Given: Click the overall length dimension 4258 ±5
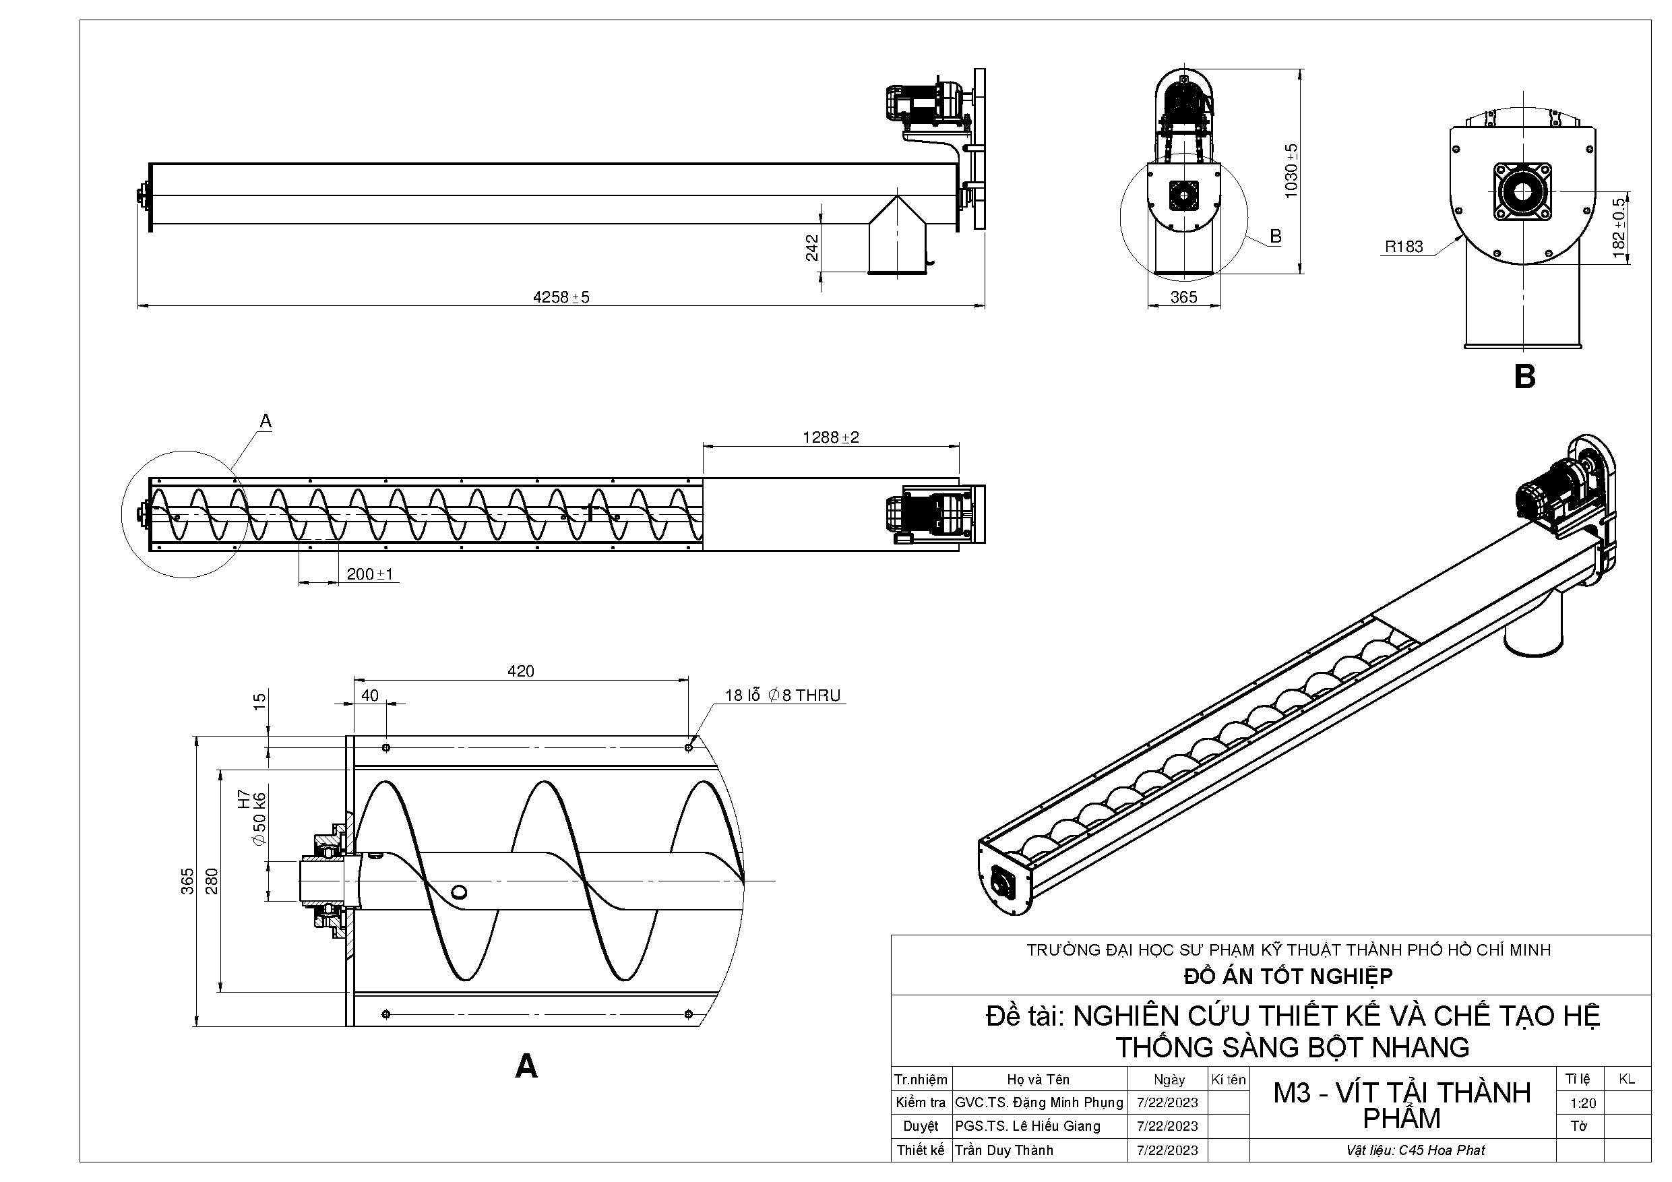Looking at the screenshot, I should tap(561, 297).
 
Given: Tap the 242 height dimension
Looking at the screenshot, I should tap(812, 247).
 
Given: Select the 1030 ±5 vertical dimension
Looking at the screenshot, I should tap(1291, 170).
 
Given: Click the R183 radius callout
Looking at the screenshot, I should tap(1403, 247).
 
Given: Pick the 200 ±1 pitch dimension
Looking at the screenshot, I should tap(369, 574).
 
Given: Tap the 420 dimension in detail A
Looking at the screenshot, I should tap(521, 671).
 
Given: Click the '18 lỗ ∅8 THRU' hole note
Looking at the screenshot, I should tap(782, 695).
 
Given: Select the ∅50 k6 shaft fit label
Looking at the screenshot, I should tap(259, 818).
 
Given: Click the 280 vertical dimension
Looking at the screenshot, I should tap(211, 881).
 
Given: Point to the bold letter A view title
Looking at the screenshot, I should tap(526, 1066).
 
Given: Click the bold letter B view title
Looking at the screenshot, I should tap(1524, 377).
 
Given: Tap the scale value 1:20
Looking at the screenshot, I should tap(1582, 1103).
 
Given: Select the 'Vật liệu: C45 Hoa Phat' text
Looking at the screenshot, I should tap(1415, 1151).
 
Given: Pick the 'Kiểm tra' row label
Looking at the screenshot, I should tap(921, 1102).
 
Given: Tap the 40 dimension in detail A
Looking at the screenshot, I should tap(370, 695).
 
